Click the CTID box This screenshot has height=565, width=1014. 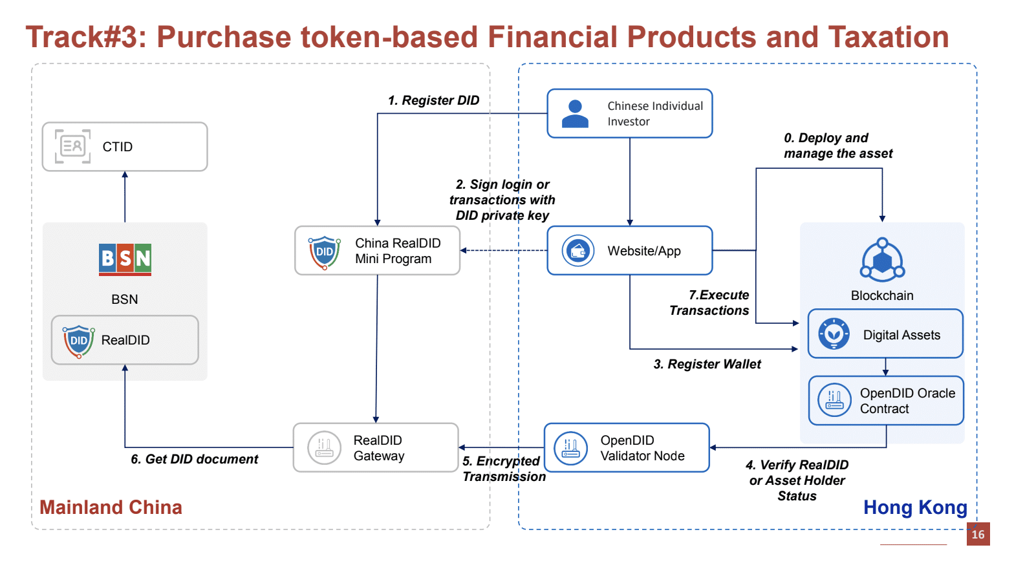(x=125, y=147)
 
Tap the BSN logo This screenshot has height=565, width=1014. (x=125, y=259)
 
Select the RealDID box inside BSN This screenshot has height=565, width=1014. (x=125, y=340)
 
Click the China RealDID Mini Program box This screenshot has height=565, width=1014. (x=377, y=251)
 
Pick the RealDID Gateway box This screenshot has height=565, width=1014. (x=376, y=447)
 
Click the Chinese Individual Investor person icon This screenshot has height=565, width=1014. (x=575, y=114)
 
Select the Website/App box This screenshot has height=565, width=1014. (x=629, y=251)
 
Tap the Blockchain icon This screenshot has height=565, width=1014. (x=882, y=260)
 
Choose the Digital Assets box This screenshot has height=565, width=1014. (x=885, y=334)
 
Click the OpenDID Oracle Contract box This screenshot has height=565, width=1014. (x=886, y=401)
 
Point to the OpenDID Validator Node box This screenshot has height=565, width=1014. (x=627, y=447)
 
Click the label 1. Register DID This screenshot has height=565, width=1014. (x=433, y=100)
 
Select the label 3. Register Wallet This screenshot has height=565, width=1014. (x=707, y=364)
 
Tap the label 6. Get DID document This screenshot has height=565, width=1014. (x=194, y=459)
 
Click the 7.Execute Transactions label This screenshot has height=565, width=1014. (x=709, y=303)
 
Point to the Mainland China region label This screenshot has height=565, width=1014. (x=111, y=507)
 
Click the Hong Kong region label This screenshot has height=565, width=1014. (x=915, y=507)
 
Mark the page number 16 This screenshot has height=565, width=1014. (x=978, y=534)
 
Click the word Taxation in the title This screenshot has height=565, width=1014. (x=888, y=37)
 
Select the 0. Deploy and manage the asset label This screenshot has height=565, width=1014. (x=837, y=145)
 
